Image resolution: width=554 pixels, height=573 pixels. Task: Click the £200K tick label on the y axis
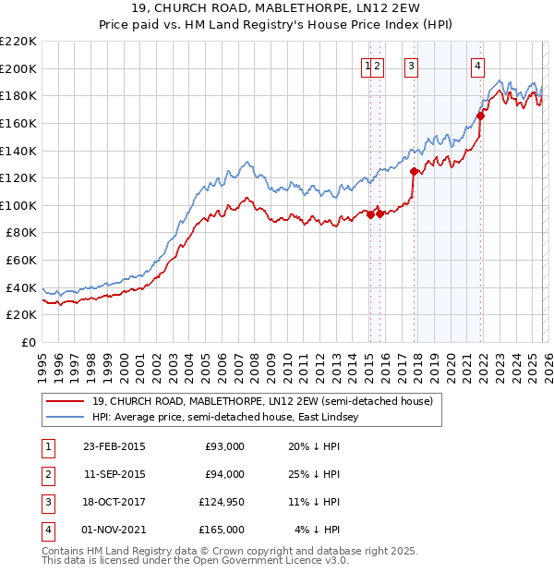pyautogui.click(x=18, y=68)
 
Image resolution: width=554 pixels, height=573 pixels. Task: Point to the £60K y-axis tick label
pyautogui.click(x=21, y=261)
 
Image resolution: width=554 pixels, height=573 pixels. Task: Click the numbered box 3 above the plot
pyautogui.click(x=410, y=65)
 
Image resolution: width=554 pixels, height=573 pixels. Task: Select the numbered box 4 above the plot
pyautogui.click(x=477, y=65)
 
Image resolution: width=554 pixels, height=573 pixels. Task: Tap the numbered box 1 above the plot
pyautogui.click(x=367, y=65)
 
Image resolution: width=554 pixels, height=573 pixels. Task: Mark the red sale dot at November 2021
pyautogui.click(x=481, y=116)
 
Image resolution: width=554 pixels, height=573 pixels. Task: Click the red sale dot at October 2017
pyautogui.click(x=414, y=171)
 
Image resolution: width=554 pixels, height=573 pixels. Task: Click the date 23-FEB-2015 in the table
pyautogui.click(x=114, y=446)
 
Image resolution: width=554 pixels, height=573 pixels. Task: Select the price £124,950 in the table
pyautogui.click(x=220, y=502)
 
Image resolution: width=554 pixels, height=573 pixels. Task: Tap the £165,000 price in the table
pyautogui.click(x=220, y=530)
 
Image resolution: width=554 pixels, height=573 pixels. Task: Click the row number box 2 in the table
pyautogui.click(x=46, y=474)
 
